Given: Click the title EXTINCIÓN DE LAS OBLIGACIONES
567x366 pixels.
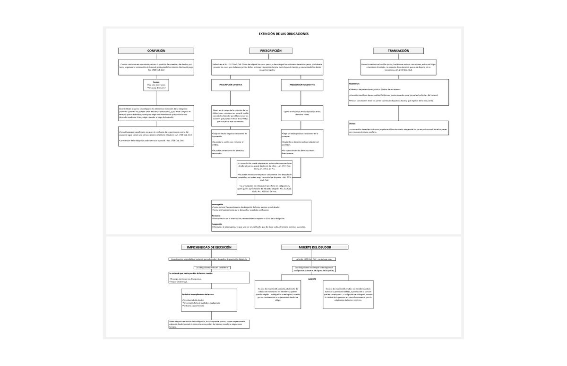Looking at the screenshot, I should pyautogui.click(x=283, y=34).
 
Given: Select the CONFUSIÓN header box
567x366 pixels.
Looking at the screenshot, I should pyautogui.click(x=156, y=50).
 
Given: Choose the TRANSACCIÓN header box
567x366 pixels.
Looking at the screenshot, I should pyautogui.click(x=398, y=50).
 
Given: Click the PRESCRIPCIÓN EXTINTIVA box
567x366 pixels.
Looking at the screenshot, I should pyautogui.click(x=231, y=85).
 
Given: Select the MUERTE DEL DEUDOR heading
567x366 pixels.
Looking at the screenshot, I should pyautogui.click(x=314, y=247).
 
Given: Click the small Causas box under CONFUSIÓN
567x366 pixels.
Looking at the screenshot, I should pyautogui.click(x=156, y=85).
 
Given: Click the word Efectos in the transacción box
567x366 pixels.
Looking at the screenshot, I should pyautogui.click(x=352, y=124).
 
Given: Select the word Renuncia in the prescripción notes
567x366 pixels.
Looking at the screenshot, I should pyautogui.click(x=216, y=215).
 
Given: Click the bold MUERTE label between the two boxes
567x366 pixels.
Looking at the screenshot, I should pyautogui.click(x=312, y=279).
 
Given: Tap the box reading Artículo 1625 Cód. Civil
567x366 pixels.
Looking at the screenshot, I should pyautogui.click(x=314, y=259).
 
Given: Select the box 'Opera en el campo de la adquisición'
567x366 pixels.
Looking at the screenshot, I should pyautogui.click(x=302, y=113).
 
